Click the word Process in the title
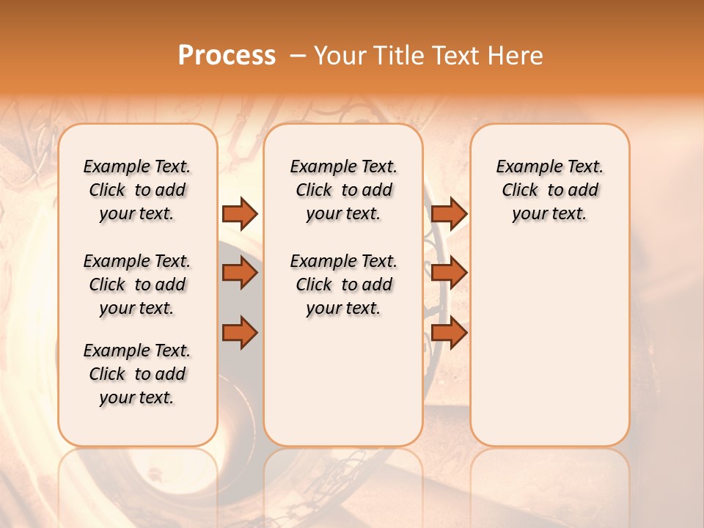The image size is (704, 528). (227, 55)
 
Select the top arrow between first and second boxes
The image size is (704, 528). (240, 213)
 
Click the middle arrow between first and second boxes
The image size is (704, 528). (240, 274)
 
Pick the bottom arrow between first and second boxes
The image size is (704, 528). (240, 333)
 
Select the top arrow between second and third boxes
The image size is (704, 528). (449, 213)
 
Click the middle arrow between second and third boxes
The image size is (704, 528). (449, 274)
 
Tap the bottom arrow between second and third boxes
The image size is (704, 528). (449, 333)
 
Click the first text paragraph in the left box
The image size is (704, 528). (137, 190)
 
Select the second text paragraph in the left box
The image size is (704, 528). (137, 285)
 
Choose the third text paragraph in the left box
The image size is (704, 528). (137, 374)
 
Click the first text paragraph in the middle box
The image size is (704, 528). (343, 190)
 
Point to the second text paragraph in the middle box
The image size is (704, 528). (343, 285)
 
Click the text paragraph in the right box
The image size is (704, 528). (549, 190)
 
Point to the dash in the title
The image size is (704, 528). (296, 56)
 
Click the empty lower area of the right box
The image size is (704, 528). (549, 345)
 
